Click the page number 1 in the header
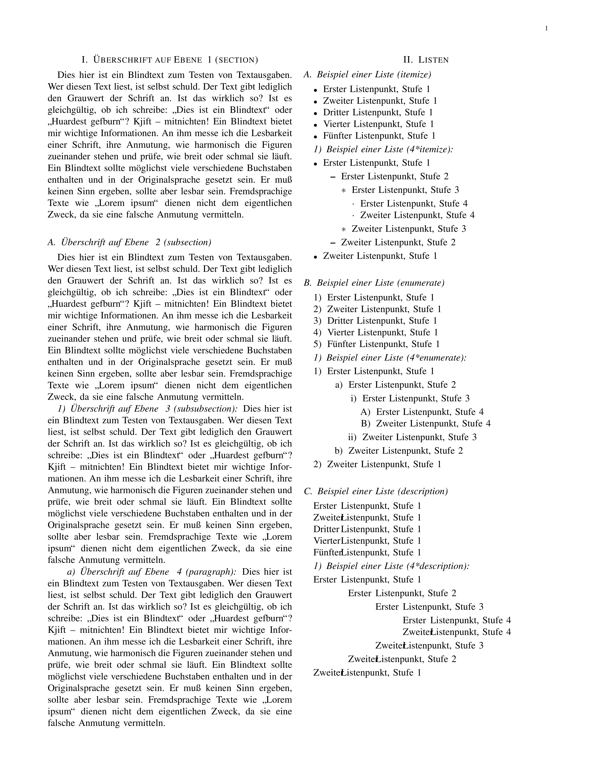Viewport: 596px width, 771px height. (x=546, y=29)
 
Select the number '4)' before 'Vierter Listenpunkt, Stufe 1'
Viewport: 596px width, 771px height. (x=317, y=333)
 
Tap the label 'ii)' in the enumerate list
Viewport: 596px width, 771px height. (x=352, y=437)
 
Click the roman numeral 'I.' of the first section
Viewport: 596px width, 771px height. (x=84, y=60)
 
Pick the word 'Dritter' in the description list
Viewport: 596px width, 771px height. (x=326, y=529)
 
